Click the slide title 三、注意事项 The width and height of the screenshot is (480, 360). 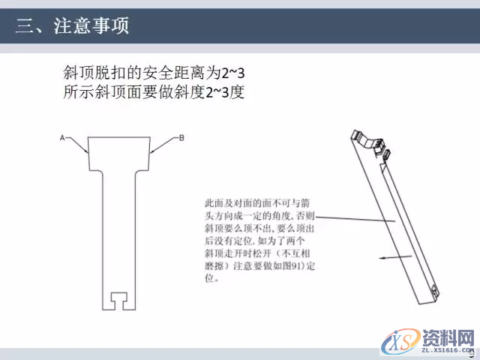[72, 27]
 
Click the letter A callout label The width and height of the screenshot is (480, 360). [63, 137]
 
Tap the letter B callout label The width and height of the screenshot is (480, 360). [181, 137]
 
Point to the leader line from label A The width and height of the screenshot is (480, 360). [77, 145]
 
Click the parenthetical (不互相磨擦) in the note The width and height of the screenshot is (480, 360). [274, 253]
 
